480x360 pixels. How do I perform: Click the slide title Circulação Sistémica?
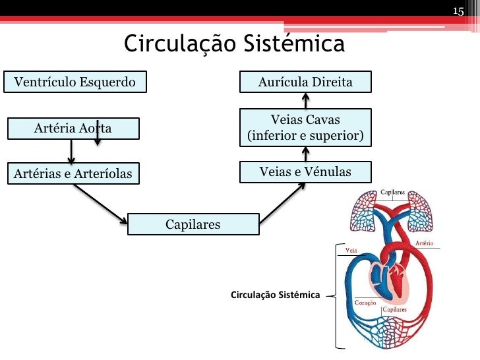[x=234, y=44]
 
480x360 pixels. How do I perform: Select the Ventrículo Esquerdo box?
[x=75, y=82]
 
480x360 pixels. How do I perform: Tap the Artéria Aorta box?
[x=73, y=129]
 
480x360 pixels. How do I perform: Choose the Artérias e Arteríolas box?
[x=73, y=174]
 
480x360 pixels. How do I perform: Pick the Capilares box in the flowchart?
[x=193, y=225]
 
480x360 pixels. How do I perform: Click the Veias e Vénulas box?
[x=305, y=172]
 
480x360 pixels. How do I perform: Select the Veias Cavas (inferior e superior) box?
[x=305, y=128]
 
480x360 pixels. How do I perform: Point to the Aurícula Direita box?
[x=305, y=82]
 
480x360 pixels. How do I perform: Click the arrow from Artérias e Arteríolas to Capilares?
[x=100, y=204]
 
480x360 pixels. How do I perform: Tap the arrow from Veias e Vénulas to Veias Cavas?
[x=305, y=153]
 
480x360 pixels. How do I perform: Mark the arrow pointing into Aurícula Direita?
[x=305, y=100]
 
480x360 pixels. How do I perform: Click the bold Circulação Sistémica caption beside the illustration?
[x=275, y=294]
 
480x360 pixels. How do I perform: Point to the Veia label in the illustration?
[x=351, y=251]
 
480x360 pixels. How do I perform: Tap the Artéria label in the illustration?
[x=425, y=243]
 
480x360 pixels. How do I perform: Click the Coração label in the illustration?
[x=365, y=302]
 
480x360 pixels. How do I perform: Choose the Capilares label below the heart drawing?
[x=394, y=309]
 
